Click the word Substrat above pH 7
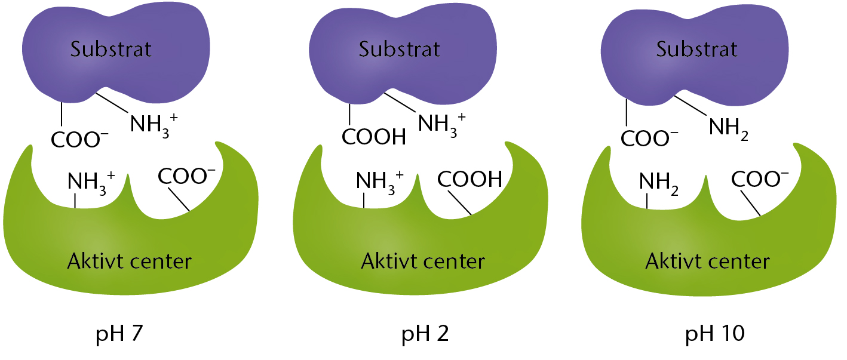[111, 49]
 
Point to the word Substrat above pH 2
[399, 49]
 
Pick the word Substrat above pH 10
[696, 49]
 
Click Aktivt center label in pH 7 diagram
[129, 261]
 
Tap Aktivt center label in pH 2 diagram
[423, 261]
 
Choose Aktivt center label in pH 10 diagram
[707, 261]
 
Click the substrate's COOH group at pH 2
[373, 137]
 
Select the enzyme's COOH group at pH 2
[469, 179]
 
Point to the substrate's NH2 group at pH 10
[728, 128]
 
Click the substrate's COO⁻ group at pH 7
[79, 139]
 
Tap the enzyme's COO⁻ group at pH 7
[186, 176]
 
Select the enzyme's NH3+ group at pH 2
[380, 183]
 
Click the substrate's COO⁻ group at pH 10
[649, 138]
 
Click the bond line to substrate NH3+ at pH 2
[400, 102]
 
